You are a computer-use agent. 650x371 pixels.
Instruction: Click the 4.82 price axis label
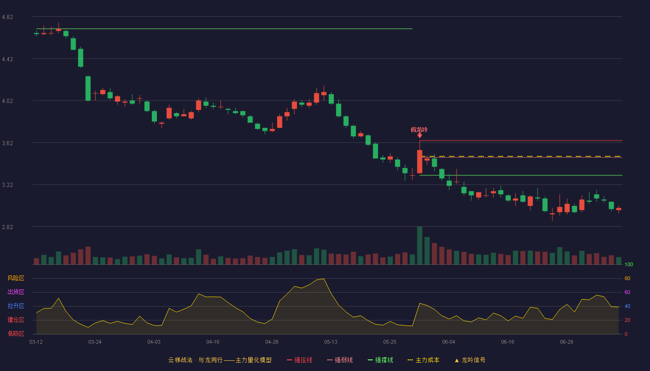[7, 17]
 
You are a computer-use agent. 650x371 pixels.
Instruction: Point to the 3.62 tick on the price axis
[7, 143]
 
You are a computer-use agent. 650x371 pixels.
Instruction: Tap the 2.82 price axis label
[7, 227]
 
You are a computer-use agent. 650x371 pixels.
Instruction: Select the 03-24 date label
[95, 342]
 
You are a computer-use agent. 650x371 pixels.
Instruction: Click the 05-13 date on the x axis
[331, 342]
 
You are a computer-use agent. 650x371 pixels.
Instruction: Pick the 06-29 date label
[567, 342]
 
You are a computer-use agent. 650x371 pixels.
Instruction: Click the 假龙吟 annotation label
[419, 129]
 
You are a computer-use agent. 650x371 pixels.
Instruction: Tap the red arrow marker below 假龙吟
[420, 135]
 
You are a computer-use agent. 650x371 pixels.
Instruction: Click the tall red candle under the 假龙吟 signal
[420, 161]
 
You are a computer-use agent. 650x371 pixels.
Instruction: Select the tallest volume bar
[420, 245]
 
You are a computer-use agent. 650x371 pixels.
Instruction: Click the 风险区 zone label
[16, 278]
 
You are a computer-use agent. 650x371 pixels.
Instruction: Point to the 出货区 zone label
[16, 292]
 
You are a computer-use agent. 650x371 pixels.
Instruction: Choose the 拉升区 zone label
[16, 306]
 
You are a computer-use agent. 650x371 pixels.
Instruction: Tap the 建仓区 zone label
[16, 320]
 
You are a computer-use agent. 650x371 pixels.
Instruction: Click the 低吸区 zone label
[16, 333]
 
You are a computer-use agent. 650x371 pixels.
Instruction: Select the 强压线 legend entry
[299, 360]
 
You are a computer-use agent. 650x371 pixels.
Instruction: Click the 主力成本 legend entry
[423, 360]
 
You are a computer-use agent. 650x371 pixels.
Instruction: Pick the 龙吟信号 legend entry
[470, 360]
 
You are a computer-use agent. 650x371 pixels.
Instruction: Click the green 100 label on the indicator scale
[629, 264]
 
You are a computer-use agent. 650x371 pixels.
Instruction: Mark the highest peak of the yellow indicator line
[324, 279]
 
